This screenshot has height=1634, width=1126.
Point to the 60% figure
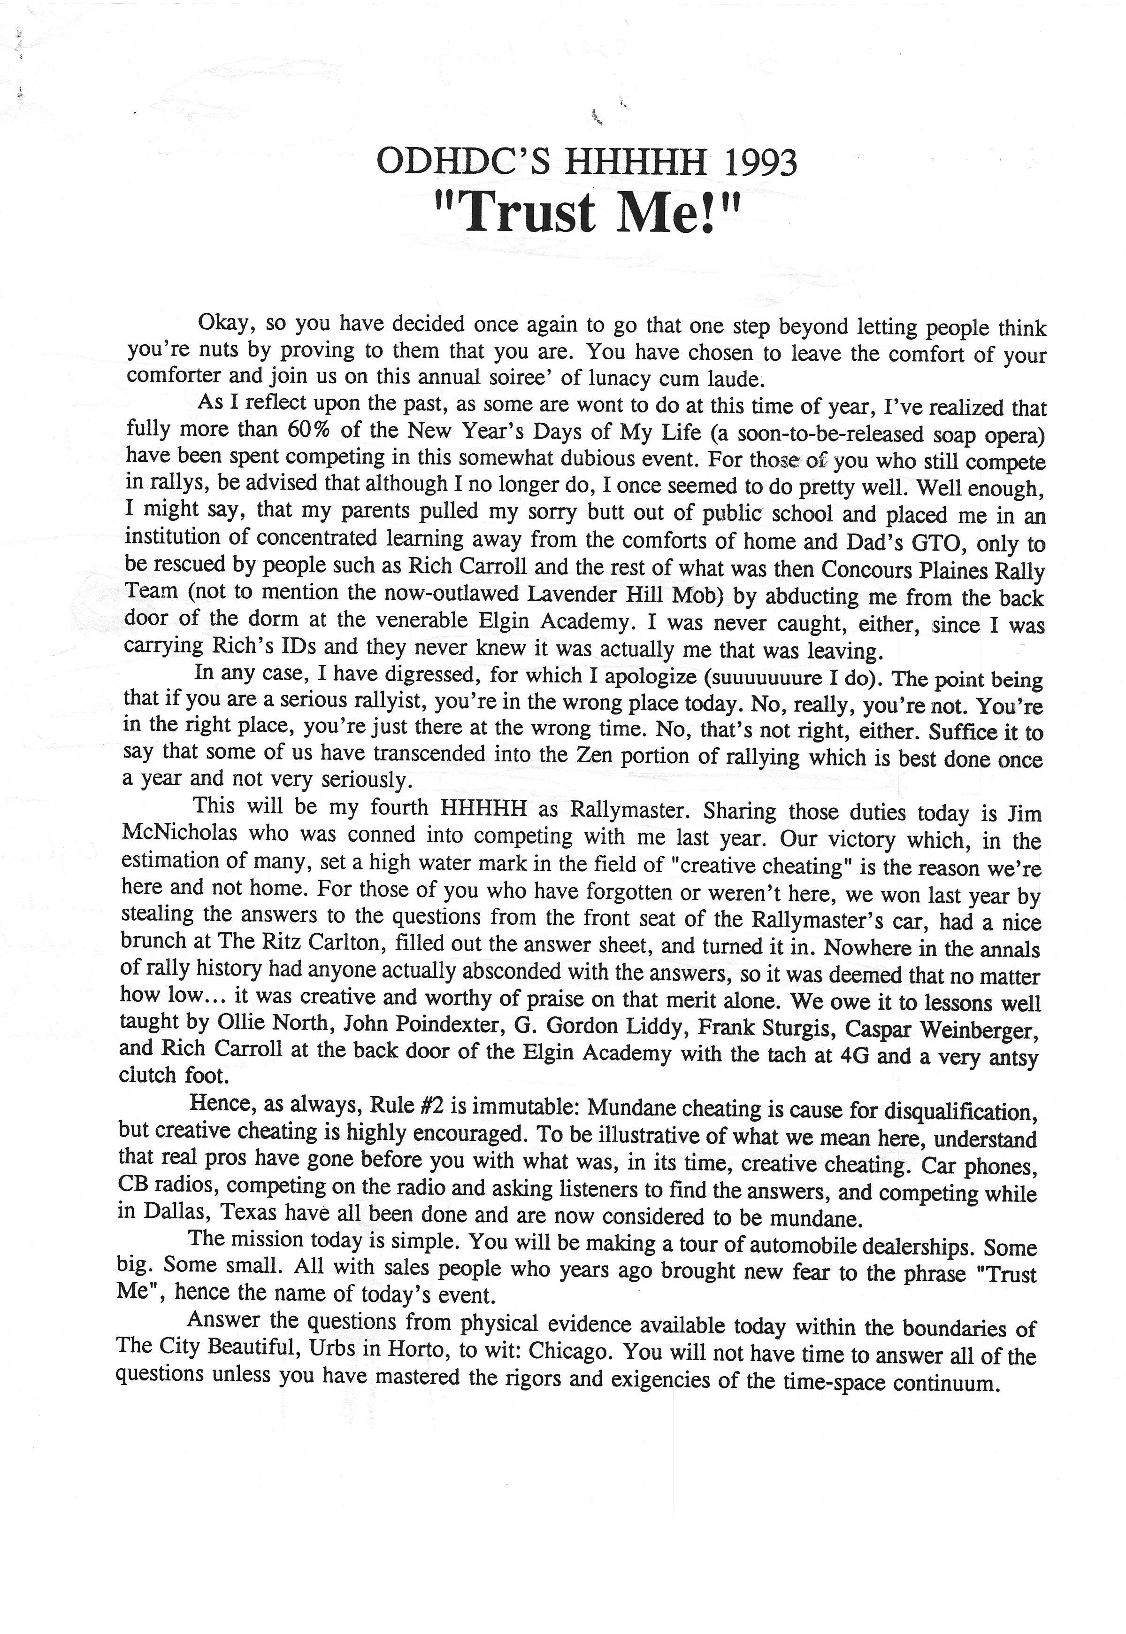tap(309, 429)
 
